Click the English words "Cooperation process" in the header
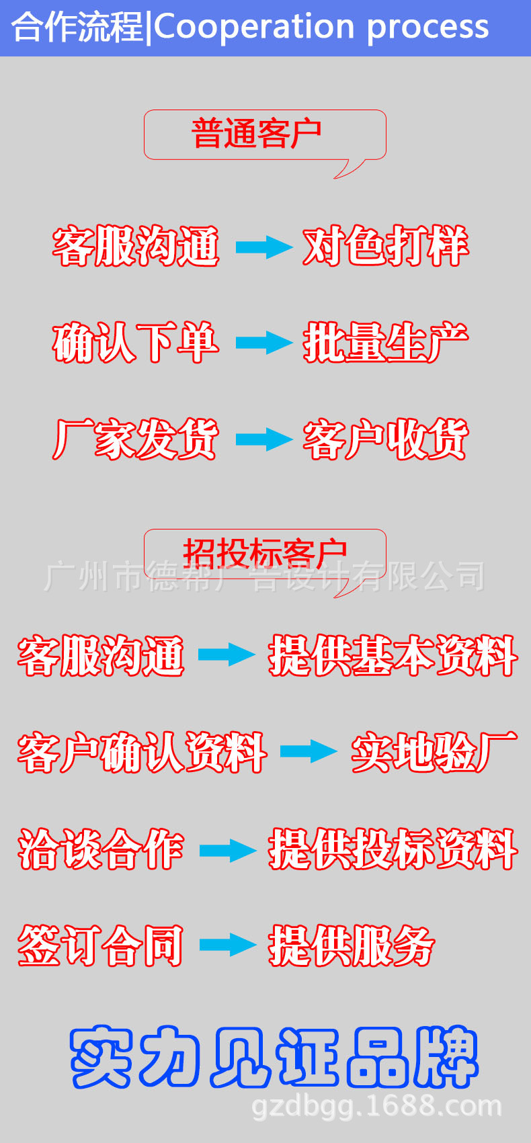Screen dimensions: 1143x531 [321, 27]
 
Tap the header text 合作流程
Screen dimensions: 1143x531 [77, 28]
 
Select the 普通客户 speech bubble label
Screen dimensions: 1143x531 [257, 134]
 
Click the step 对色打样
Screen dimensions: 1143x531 [385, 247]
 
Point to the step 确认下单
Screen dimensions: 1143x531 [136, 343]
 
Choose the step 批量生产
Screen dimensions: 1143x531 [385, 343]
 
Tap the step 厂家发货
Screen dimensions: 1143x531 [136, 439]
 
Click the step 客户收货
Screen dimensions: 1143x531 [385, 439]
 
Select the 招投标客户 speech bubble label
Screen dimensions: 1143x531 [265, 553]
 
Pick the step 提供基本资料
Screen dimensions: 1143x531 [393, 656]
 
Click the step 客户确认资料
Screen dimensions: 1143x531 [142, 752]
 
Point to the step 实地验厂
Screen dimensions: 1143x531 [434, 752]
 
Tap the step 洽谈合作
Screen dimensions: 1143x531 [101, 849]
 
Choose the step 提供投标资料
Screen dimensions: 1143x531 [393, 849]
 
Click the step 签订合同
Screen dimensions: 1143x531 [101, 945]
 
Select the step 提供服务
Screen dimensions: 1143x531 [352, 945]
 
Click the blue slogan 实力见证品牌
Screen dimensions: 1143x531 [274, 1057]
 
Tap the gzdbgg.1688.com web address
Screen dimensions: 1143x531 [376, 1106]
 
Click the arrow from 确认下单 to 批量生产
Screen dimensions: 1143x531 [263, 343]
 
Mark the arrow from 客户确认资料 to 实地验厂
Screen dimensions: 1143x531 [308, 751]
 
